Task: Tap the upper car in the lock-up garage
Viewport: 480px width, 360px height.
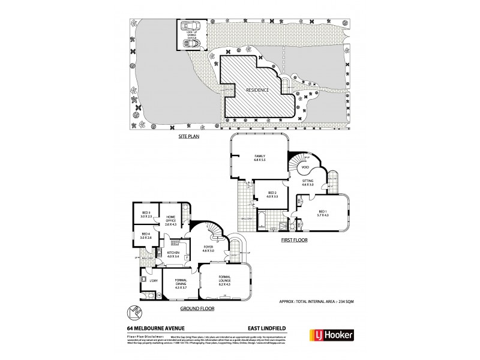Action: click(191, 27)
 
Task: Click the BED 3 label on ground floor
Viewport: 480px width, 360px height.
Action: click(146, 214)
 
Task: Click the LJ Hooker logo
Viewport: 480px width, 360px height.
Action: click(331, 335)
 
